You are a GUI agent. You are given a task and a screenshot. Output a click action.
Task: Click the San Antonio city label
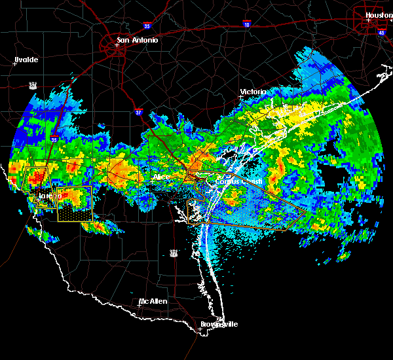[137, 40]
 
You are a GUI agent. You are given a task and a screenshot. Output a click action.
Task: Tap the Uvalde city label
[26, 60]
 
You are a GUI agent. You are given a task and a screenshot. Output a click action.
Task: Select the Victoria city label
[253, 92]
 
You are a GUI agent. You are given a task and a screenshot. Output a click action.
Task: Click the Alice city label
[160, 177]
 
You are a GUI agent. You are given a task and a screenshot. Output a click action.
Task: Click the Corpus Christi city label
[241, 181]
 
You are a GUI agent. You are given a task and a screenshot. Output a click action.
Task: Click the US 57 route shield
[32, 85]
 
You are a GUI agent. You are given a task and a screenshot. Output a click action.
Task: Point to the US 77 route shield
[173, 252]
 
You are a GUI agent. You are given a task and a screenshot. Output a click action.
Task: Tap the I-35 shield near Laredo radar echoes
[55, 139]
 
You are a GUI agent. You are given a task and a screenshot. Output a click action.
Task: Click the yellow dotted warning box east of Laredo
[74, 204]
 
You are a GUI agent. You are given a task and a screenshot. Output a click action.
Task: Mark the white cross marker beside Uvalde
[14, 63]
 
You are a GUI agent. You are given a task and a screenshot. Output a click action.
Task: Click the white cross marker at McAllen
[140, 304]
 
